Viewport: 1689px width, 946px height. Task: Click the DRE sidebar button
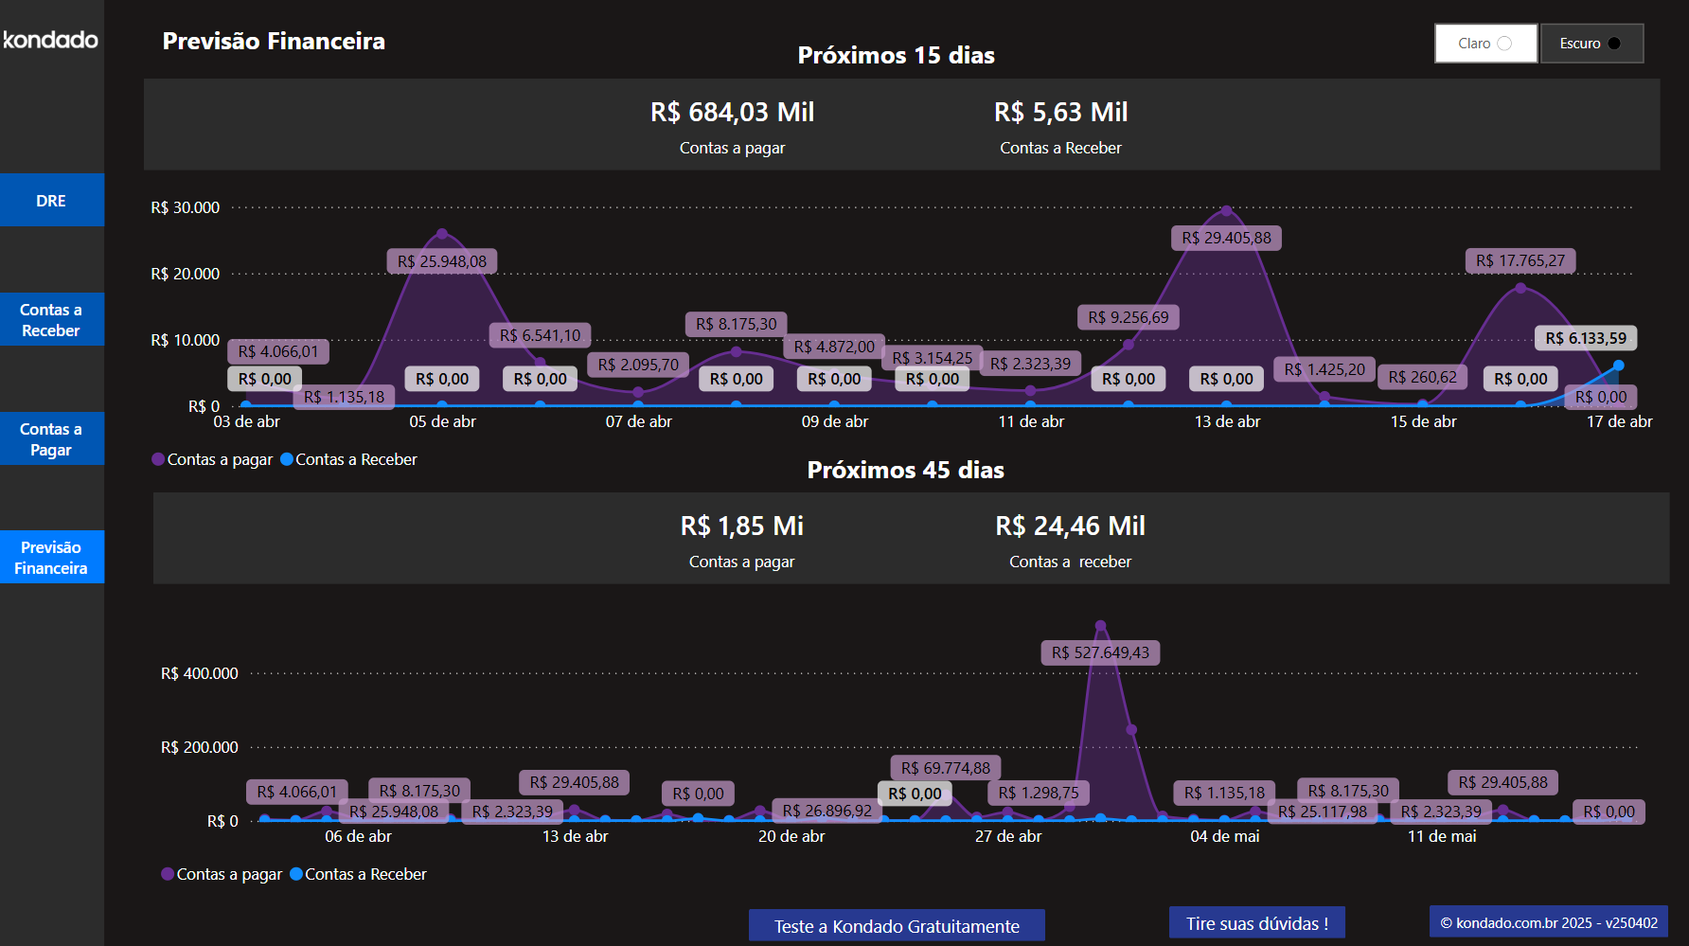[x=51, y=200]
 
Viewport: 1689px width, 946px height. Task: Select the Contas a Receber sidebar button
[x=51, y=320]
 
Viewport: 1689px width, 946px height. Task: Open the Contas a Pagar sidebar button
[x=51, y=439]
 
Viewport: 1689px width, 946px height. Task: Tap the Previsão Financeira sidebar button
[x=51, y=558]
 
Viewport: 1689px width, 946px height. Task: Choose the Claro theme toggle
[x=1485, y=44]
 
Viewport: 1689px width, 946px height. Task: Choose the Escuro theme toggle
[x=1591, y=44]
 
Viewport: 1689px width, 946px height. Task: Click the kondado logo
[x=51, y=40]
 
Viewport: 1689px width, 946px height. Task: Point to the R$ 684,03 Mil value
[x=732, y=113]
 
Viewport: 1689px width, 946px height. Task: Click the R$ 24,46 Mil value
[x=1070, y=527]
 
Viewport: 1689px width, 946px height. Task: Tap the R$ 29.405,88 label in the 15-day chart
[x=1226, y=238]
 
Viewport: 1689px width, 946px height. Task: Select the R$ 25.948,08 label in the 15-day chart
[x=442, y=261]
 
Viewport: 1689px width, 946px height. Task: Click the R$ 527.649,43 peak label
[x=1100, y=652]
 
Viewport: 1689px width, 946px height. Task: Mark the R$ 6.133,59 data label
[x=1586, y=338]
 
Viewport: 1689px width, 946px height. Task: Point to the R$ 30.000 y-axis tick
[x=186, y=207]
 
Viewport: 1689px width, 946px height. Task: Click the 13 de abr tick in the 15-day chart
[x=1227, y=421]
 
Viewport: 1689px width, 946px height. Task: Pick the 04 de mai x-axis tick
[x=1225, y=836]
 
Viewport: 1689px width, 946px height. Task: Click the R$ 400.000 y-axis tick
[x=200, y=673]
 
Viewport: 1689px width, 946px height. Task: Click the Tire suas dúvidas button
[x=1256, y=923]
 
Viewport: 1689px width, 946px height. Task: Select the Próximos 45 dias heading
[x=905, y=470]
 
